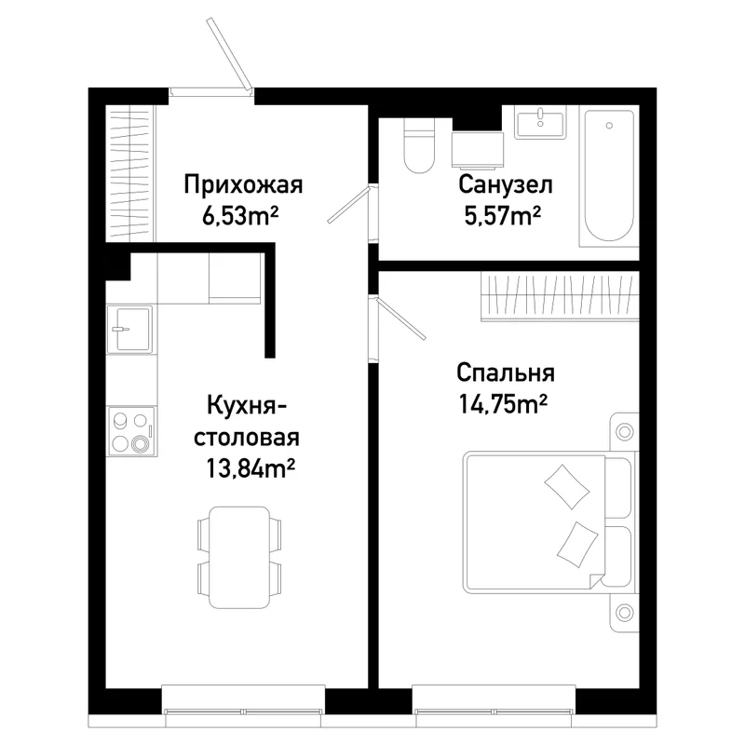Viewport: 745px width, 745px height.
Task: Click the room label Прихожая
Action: click(x=243, y=185)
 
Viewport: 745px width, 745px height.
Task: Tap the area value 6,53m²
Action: click(x=240, y=217)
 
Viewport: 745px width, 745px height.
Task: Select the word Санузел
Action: click(x=506, y=184)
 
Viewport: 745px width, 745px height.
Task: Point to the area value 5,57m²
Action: click(x=503, y=216)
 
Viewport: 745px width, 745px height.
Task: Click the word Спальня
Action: click(x=506, y=373)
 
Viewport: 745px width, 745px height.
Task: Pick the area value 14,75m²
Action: click(x=503, y=404)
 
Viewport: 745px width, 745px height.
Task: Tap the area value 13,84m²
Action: click(x=251, y=468)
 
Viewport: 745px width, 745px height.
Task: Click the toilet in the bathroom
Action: click(x=418, y=145)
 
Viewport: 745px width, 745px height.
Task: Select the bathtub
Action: click(x=609, y=175)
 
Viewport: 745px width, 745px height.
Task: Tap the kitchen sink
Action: click(x=129, y=330)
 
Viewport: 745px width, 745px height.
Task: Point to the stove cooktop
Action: click(x=131, y=431)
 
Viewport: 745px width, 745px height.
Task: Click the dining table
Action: click(x=239, y=557)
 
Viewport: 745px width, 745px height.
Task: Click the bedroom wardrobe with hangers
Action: click(x=560, y=296)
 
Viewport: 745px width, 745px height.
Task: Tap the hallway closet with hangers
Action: click(x=129, y=173)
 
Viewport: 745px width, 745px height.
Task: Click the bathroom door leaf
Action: click(x=348, y=205)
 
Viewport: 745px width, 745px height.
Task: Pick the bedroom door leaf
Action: click(x=400, y=318)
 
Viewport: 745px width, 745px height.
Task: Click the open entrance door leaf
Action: click(x=229, y=54)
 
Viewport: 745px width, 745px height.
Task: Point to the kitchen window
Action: click(x=243, y=711)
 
